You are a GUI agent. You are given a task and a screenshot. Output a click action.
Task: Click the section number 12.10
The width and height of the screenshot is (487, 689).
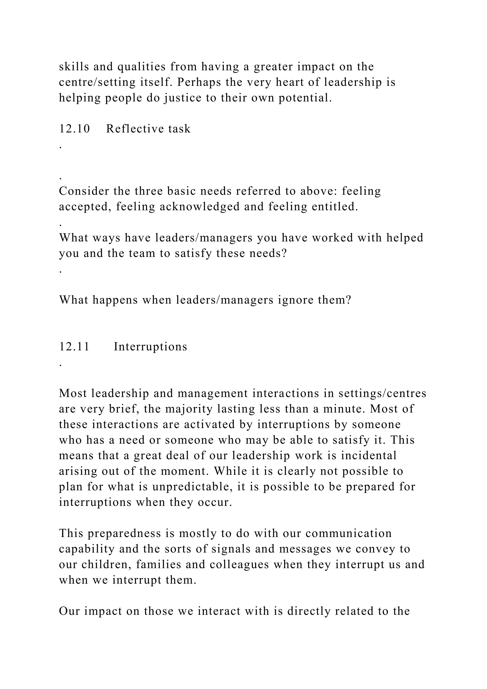pyautogui.click(x=74, y=129)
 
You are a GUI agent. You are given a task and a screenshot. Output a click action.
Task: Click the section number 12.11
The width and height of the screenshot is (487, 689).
pyautogui.click(x=74, y=347)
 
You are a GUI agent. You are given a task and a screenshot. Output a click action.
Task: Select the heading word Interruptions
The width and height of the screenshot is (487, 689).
pyautogui.click(x=150, y=347)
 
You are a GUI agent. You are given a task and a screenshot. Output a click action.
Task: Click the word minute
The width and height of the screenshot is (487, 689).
pyautogui.click(x=344, y=409)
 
